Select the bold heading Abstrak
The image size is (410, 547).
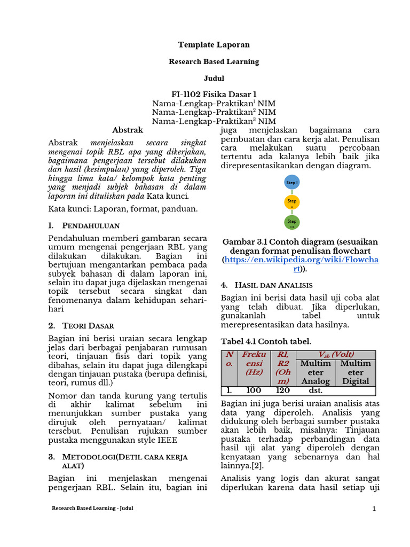[128, 130]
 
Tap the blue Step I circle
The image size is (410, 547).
[292, 182]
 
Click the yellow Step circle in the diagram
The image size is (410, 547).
[292, 202]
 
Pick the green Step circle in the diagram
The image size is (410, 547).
[292, 222]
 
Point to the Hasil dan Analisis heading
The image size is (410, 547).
[273, 285]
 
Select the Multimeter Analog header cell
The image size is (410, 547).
[316, 372]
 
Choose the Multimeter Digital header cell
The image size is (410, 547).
[356, 372]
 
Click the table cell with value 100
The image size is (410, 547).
[254, 390]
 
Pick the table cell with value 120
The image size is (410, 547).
[282, 390]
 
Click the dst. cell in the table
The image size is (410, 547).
[316, 390]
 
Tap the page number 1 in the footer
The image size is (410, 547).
[374, 509]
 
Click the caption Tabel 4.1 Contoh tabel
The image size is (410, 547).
[266, 341]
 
